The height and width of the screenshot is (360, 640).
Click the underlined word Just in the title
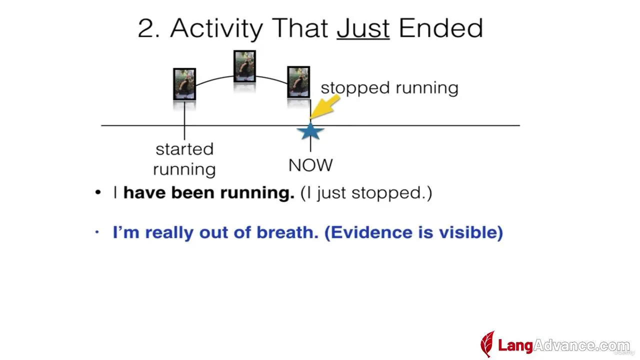[363, 28]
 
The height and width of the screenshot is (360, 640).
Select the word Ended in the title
[441, 27]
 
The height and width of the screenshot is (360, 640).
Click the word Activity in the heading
[216, 28]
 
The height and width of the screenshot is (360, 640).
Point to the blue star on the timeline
[310, 131]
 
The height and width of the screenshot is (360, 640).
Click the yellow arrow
[325, 107]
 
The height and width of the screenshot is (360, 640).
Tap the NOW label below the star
[310, 165]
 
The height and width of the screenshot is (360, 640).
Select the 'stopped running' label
[389, 88]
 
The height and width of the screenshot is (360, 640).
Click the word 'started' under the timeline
[184, 149]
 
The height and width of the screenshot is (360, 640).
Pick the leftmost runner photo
[184, 84]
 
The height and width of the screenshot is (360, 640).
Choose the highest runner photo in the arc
[244, 66]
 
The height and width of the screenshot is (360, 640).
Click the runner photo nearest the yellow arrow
[298, 82]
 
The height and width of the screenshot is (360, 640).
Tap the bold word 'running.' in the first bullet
[257, 193]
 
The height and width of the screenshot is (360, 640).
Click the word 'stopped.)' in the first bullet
[391, 193]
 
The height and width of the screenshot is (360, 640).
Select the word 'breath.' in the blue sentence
[287, 232]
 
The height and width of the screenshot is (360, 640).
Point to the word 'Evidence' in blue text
[369, 232]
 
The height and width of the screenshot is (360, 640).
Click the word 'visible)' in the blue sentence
[471, 232]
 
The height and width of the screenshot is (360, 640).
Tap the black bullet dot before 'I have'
[98, 192]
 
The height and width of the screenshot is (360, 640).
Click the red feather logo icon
[487, 343]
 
